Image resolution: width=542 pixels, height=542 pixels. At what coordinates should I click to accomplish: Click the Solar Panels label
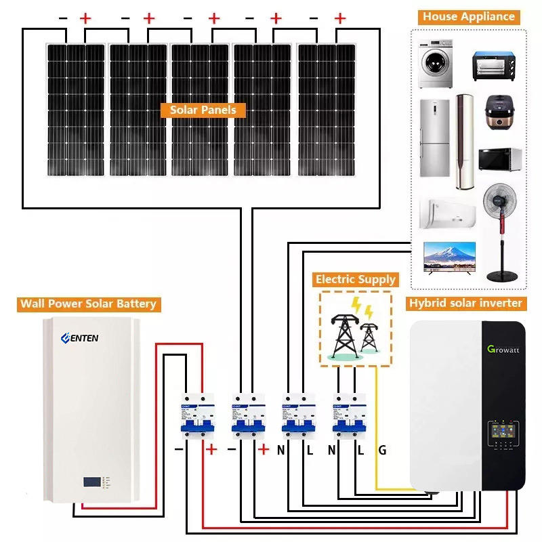tap(203, 110)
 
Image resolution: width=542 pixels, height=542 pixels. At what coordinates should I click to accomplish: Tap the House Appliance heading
tap(469, 17)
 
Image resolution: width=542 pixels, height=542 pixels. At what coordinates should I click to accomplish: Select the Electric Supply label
tap(355, 279)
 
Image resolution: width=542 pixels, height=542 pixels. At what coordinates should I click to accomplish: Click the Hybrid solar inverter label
tap(465, 304)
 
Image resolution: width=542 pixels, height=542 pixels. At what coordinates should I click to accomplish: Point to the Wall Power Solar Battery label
tap(88, 304)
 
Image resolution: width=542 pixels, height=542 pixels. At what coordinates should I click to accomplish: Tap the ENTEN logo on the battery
tap(80, 337)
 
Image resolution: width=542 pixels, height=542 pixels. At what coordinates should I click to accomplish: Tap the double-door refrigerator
tap(434, 138)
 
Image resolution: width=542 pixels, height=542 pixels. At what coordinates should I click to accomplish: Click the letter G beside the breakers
tap(382, 449)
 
